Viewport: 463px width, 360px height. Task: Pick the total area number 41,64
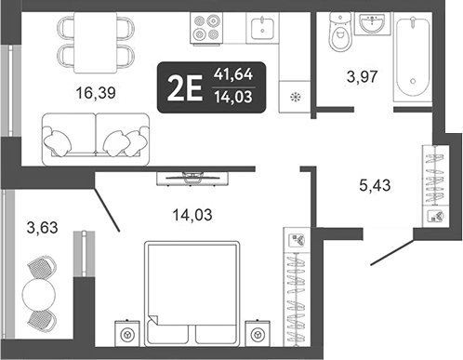[x=232, y=72]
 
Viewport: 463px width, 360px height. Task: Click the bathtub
[x=415, y=58]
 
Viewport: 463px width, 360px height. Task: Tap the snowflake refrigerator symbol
[x=297, y=97]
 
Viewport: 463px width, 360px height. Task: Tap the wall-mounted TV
[x=194, y=173]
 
